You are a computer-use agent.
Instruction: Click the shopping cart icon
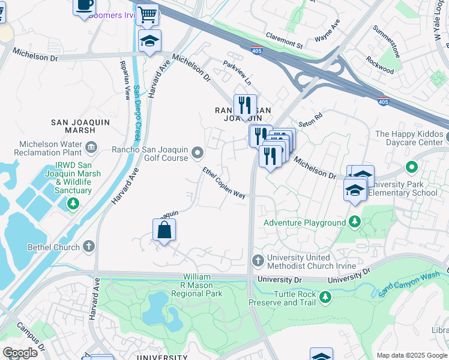[147, 13]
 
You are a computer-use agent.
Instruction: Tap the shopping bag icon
[164, 229]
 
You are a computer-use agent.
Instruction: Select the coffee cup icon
[84, 5]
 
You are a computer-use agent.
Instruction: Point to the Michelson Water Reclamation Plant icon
[91, 146]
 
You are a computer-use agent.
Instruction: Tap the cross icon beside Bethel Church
[89, 246]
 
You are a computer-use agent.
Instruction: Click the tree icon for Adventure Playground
[355, 223]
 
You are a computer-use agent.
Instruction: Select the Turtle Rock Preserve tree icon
[325, 297]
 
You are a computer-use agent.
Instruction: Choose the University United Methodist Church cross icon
[258, 260]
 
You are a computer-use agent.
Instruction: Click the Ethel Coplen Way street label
[224, 183]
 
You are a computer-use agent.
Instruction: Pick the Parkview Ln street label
[237, 73]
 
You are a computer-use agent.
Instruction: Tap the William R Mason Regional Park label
[196, 285]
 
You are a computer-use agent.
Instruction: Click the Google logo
[20, 353]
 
